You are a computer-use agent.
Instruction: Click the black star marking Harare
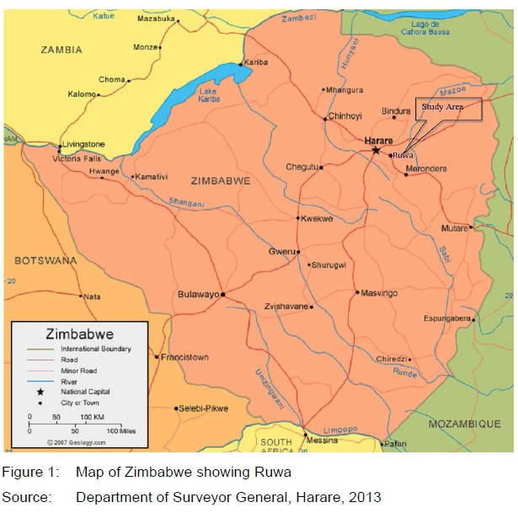[x=376, y=150]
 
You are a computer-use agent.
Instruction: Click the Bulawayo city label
[x=198, y=294]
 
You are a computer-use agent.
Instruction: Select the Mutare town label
[x=454, y=228]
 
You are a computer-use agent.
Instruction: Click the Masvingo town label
[x=378, y=293]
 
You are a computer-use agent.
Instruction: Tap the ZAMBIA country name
[x=61, y=50]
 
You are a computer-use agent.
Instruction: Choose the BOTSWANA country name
[x=45, y=260]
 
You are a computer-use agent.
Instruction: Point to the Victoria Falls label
[x=77, y=158]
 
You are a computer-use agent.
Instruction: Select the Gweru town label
[x=280, y=251]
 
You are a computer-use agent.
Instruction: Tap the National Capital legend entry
[x=84, y=392]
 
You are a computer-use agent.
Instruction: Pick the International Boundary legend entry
[x=95, y=349]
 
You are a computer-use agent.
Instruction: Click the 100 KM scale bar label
[x=92, y=416]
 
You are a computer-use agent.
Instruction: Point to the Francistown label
[x=184, y=357]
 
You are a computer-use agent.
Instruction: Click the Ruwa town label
[x=403, y=155]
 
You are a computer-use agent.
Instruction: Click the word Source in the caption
[x=25, y=498]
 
